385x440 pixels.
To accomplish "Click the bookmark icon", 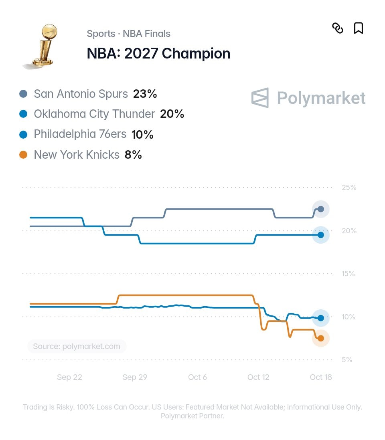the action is [358, 28].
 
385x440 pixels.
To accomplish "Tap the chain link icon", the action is [338, 28].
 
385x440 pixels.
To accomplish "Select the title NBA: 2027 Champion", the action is [158, 53].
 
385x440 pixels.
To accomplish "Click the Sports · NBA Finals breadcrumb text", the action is [129, 34].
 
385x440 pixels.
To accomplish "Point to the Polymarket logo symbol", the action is [260, 98].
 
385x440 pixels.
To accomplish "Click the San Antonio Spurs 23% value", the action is [145, 94].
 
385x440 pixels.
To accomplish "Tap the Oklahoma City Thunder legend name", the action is [94, 114].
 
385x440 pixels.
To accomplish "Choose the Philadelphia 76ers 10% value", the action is [142, 134].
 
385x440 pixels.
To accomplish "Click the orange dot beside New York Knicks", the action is [23, 155].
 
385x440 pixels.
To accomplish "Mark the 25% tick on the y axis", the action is [349, 188].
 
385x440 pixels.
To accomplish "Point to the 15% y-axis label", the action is [348, 274].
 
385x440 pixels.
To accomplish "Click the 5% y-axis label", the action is [347, 360].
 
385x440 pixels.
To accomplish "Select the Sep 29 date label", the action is [135, 377].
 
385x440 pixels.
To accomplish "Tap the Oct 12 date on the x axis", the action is [258, 377].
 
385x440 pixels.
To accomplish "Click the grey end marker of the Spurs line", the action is [321, 209].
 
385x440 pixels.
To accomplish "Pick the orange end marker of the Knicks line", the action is [321, 338].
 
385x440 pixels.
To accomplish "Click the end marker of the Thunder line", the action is [321, 235].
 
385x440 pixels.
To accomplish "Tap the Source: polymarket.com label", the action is [77, 346].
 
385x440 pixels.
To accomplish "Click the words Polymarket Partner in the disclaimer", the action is [192, 416].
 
